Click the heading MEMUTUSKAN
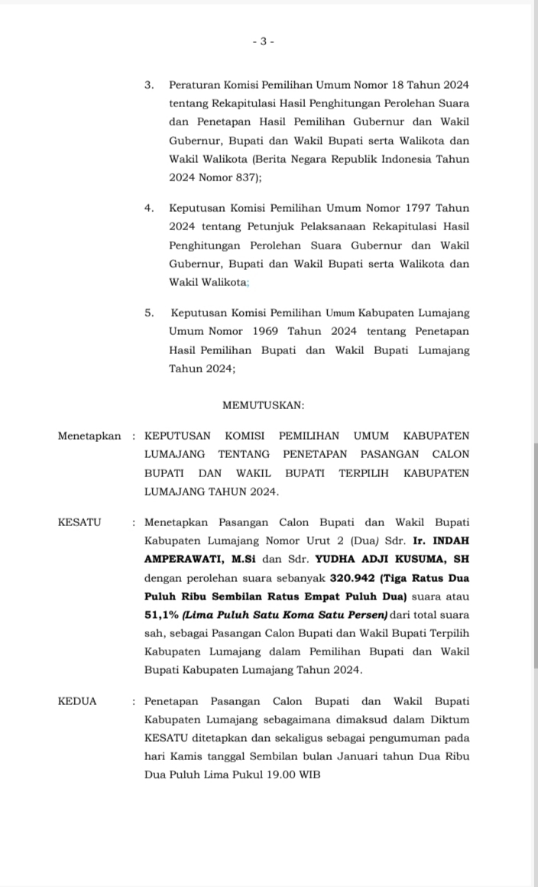pyautogui.click(x=263, y=405)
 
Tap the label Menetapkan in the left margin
pyautogui.click(x=89, y=436)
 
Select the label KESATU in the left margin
pyautogui.click(x=79, y=523)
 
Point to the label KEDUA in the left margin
pyautogui.click(x=77, y=701)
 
